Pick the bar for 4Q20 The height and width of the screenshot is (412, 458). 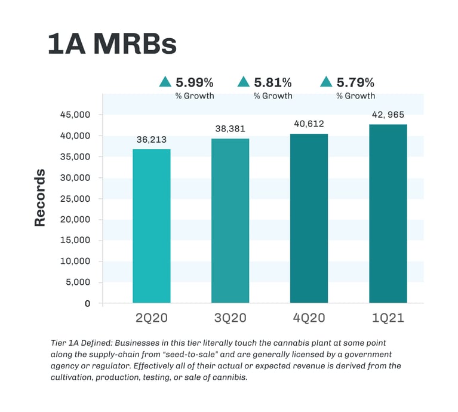click(309, 218)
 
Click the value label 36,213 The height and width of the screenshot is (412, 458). click(151, 140)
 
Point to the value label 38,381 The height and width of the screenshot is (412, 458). click(230, 128)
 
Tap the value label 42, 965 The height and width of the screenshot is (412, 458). click(388, 114)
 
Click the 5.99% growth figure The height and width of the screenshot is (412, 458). click(194, 82)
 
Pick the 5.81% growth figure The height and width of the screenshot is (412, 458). click(273, 82)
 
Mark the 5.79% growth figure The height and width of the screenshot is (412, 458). click(356, 82)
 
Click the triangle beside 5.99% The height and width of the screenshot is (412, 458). click(165, 82)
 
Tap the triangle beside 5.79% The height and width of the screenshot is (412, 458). click(327, 82)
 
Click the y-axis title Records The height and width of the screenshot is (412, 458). click(40, 198)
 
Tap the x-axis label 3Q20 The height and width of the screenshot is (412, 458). click(230, 318)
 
